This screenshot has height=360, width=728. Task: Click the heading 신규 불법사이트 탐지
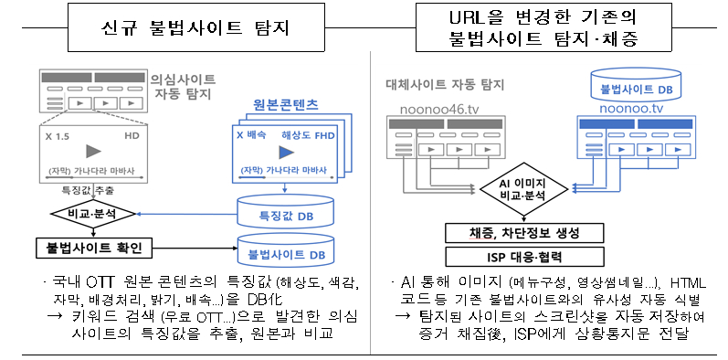pos(195,27)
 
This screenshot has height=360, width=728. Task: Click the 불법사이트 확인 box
pos(90,247)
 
